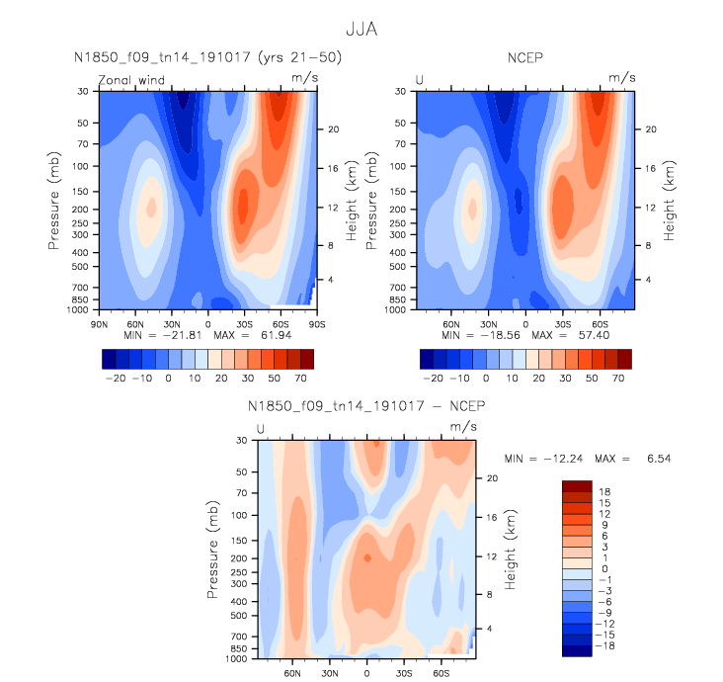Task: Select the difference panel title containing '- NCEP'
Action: [366, 406]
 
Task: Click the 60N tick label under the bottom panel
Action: [292, 672]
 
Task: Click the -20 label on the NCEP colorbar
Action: [431, 379]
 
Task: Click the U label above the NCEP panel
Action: [420, 79]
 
